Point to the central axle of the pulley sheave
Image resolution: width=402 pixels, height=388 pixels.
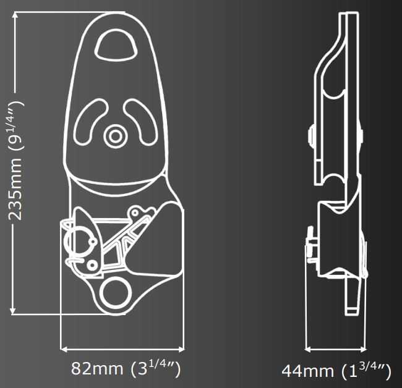(x=113, y=134)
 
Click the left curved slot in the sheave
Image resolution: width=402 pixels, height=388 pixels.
(x=90, y=120)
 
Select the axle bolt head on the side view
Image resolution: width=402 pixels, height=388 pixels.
(x=311, y=135)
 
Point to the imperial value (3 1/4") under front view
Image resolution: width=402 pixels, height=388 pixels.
(x=155, y=369)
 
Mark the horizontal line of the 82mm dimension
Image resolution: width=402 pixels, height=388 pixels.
(x=122, y=350)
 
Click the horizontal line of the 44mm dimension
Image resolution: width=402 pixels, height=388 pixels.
(x=336, y=350)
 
